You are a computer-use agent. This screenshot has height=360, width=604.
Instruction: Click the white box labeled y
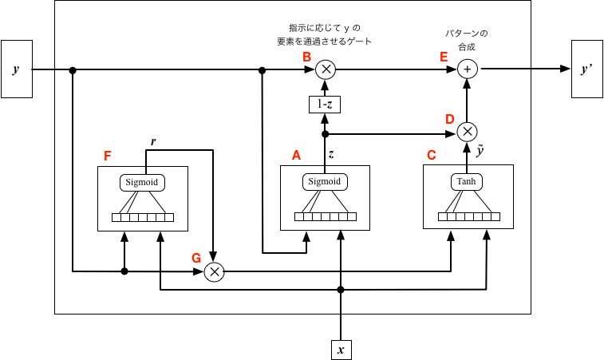coord(16,69)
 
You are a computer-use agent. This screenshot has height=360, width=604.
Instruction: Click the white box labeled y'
coord(586,69)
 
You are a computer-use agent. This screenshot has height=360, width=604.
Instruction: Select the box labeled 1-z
coord(325,104)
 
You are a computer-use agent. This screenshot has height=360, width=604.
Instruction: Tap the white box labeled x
coord(341,350)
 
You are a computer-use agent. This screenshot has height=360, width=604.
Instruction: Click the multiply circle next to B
coord(326,69)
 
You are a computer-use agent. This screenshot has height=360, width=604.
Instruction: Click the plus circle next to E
coord(468,69)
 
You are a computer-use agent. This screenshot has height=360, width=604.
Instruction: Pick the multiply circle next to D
coord(468,132)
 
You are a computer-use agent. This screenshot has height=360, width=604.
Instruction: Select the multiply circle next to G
coord(214,272)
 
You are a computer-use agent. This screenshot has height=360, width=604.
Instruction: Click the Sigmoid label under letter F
coord(143,183)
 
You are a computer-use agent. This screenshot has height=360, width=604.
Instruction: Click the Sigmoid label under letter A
coord(325,182)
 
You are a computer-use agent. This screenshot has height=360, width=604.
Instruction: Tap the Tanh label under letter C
coord(467,182)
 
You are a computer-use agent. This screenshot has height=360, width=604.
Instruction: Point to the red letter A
coord(296,155)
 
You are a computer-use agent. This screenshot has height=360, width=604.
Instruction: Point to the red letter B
coord(306,57)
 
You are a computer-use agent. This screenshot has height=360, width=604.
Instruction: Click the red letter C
coord(432,155)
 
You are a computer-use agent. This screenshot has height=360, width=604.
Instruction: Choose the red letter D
coord(450,119)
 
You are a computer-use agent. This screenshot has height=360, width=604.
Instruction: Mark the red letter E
coord(444,57)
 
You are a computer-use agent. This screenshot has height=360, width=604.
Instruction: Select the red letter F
coord(108,156)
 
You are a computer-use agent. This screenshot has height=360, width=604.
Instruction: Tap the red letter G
coord(196,258)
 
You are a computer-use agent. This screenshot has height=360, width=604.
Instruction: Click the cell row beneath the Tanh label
coord(469,216)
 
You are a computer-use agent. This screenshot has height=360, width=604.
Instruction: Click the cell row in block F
coord(143,217)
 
